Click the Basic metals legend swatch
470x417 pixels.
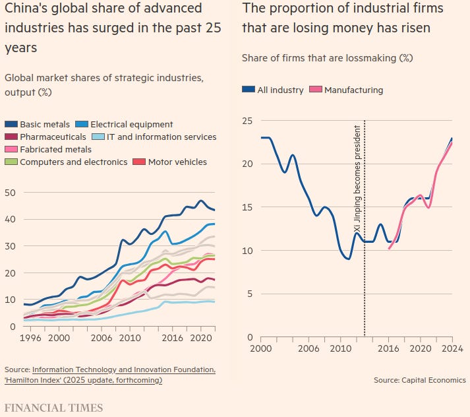11,124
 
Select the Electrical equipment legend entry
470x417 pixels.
131,124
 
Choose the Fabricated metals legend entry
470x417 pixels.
56,149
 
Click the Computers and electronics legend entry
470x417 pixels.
73,162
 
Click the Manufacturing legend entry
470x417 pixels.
353,90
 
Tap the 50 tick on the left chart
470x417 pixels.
10,193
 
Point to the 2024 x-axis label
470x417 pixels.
452,348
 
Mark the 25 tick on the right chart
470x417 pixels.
248,121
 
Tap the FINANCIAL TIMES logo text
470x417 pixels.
53,407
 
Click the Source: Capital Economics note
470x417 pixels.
419,380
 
